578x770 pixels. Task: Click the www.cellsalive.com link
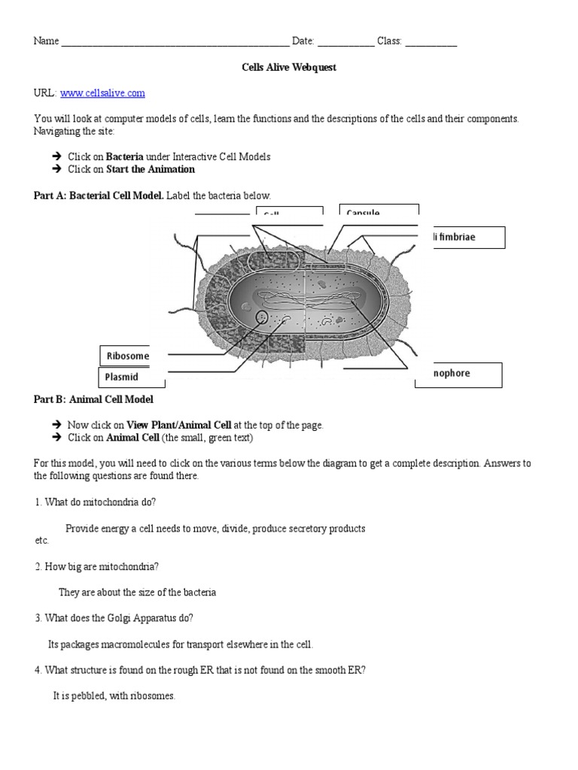pyautogui.click(x=102, y=93)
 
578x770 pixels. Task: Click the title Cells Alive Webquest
pyautogui.click(x=288, y=68)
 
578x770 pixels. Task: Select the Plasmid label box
pyautogui.click(x=123, y=377)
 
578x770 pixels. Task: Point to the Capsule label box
pyautogui.click(x=379, y=212)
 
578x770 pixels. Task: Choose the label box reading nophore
pyautogui.click(x=458, y=374)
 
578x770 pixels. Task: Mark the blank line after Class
pyautogui.click(x=430, y=42)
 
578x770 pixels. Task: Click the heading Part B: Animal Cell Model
pyautogui.click(x=93, y=399)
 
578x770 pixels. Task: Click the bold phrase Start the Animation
pyautogui.click(x=151, y=170)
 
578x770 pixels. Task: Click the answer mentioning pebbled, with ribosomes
pyautogui.click(x=114, y=696)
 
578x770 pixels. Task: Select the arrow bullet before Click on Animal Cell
pyautogui.click(x=56, y=438)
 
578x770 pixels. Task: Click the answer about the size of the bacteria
pyautogui.click(x=137, y=593)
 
